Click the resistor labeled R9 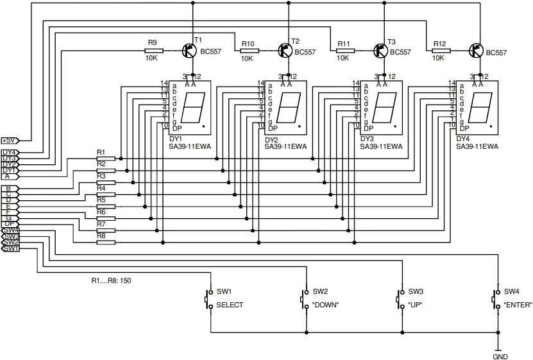[154, 50]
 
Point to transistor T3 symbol [380, 50]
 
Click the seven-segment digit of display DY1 [192, 107]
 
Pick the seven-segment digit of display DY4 [480, 107]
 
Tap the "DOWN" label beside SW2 [325, 305]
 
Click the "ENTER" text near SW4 [518, 305]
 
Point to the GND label [500, 356]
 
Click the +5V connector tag [10, 140]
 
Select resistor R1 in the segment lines [106, 158]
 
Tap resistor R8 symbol [106, 242]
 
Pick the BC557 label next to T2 [305, 53]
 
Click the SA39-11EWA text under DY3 [382, 146]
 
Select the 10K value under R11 [343, 58]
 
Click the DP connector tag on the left [10, 223]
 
